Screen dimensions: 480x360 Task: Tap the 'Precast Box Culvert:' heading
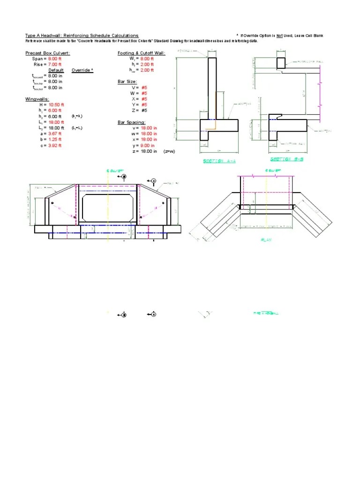pos(47,53)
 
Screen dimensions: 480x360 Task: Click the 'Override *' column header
pos(82,70)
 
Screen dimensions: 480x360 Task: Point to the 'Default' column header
pos(56,70)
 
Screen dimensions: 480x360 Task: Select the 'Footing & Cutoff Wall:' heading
pos(141,53)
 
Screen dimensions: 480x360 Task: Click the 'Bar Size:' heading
pos(127,82)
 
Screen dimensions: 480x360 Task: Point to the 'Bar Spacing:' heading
pos(131,122)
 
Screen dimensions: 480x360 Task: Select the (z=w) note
pos(169,151)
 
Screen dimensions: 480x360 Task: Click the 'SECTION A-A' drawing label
pos(219,161)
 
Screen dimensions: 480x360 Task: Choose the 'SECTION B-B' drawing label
pos(285,159)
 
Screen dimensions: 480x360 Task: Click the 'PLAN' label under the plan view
pos(266,239)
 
